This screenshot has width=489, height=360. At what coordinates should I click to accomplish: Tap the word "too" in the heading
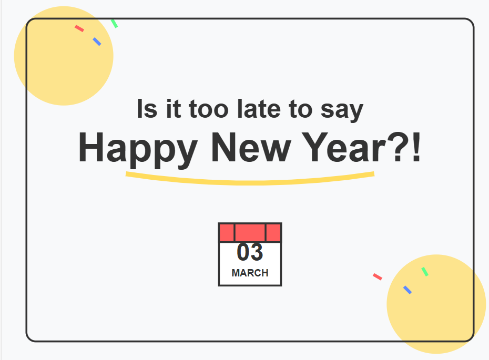[x=209, y=109]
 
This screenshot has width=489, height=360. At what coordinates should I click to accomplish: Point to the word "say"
[x=342, y=111]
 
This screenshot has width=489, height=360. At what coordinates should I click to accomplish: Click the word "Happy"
[x=138, y=149]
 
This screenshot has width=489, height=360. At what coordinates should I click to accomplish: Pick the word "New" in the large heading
[x=251, y=147]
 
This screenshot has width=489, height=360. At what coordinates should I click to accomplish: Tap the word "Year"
[x=344, y=147]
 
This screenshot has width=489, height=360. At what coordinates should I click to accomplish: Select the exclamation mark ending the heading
[x=416, y=147]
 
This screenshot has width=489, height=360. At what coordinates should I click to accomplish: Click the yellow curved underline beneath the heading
[x=249, y=183]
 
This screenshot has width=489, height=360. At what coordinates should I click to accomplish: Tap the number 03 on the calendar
[x=250, y=252]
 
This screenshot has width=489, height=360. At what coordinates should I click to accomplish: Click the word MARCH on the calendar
[x=250, y=273]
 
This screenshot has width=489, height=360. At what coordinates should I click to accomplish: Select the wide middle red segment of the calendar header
[x=250, y=232]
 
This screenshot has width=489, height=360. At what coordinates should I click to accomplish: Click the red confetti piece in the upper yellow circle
[x=79, y=28]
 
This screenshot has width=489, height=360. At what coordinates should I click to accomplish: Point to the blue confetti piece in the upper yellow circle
[x=97, y=42]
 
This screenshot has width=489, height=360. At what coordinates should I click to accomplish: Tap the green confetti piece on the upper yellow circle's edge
[x=114, y=23]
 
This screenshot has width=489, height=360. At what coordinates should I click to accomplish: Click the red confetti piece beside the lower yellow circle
[x=378, y=276]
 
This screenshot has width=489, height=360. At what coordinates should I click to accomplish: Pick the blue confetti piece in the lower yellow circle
[x=407, y=290]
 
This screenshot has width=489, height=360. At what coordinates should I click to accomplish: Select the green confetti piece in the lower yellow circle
[x=425, y=272]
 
